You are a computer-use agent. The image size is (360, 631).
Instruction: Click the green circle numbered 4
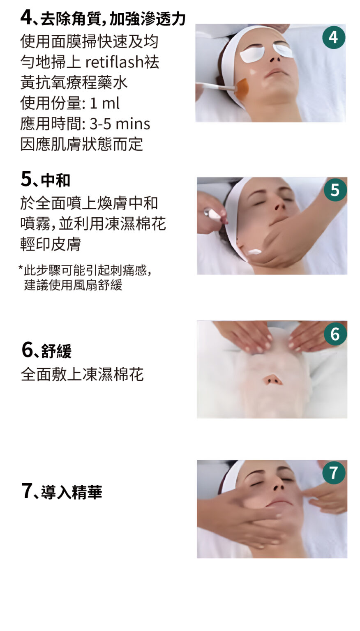click(x=334, y=37)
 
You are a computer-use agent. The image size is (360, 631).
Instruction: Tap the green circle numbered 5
click(x=335, y=189)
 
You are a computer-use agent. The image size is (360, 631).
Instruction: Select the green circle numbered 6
click(x=335, y=334)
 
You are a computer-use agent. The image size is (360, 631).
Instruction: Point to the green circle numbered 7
click(x=334, y=472)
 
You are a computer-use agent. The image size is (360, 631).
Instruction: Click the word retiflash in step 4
click(x=114, y=62)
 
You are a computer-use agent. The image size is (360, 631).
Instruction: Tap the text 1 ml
click(x=104, y=103)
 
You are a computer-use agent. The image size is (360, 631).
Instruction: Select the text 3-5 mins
click(x=120, y=124)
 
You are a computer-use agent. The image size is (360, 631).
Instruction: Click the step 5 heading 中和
click(x=55, y=180)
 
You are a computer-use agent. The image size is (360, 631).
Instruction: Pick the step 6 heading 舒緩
click(x=56, y=351)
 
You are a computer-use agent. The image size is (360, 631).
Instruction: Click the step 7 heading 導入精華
click(x=72, y=492)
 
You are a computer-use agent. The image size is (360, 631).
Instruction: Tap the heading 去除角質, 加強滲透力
click(x=113, y=19)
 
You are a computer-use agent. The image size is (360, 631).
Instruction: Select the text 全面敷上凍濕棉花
click(x=82, y=374)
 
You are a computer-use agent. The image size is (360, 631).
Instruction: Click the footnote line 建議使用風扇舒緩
click(x=73, y=285)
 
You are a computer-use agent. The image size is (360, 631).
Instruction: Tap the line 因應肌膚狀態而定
click(x=82, y=144)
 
